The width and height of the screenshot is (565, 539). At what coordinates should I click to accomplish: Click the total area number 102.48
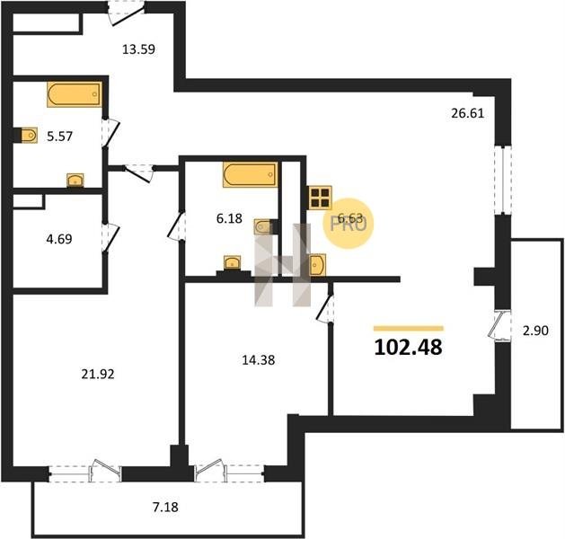tap(409, 348)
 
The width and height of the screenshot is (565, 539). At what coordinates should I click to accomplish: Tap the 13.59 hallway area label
tap(138, 49)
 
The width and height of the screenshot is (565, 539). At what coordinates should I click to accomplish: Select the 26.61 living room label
tap(467, 113)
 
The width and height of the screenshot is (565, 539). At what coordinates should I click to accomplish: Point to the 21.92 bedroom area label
tap(98, 375)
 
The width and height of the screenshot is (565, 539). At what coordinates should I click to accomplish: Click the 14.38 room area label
tap(259, 360)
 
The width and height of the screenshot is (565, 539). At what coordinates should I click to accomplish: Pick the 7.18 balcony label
tap(165, 508)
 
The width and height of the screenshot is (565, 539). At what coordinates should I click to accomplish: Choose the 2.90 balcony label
tap(535, 331)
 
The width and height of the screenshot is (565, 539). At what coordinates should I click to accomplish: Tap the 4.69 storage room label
tap(59, 239)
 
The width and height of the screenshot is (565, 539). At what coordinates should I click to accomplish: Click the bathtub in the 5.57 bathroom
tap(75, 94)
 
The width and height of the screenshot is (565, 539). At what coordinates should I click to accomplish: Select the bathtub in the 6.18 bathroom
tap(251, 175)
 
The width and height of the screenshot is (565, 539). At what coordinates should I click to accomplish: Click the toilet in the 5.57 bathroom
tap(29, 135)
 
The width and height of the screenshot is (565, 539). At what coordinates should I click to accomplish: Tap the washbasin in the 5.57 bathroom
tap(75, 181)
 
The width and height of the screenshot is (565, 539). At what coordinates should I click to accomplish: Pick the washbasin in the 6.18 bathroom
tap(233, 262)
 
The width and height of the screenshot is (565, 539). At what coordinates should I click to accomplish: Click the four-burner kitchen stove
tap(320, 198)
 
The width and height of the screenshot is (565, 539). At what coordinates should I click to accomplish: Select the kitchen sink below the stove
tap(317, 265)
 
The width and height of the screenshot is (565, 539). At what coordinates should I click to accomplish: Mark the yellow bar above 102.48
tap(409, 328)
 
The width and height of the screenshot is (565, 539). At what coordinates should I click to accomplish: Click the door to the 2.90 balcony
tap(499, 324)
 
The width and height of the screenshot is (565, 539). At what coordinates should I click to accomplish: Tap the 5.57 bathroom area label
tap(60, 137)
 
